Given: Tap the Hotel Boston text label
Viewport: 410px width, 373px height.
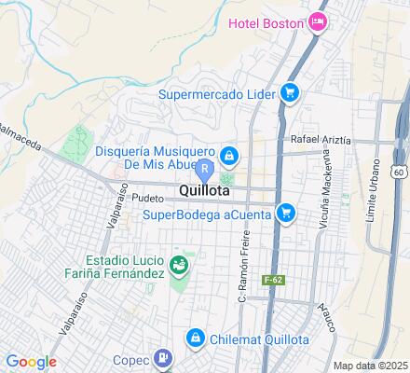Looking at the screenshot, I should tap(265, 21).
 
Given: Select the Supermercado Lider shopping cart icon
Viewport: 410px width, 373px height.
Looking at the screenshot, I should tap(290, 91).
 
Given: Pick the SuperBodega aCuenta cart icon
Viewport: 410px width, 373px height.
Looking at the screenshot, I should tap(286, 214).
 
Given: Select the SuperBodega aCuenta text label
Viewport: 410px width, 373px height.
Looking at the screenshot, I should tap(208, 214).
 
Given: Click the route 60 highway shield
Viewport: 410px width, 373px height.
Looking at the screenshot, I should tap(399, 173).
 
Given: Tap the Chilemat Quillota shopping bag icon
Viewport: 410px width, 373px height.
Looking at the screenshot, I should tap(195, 338).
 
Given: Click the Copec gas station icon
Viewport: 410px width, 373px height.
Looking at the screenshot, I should tap(163, 356).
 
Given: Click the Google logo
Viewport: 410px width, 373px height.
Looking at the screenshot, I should tap(31, 362).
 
